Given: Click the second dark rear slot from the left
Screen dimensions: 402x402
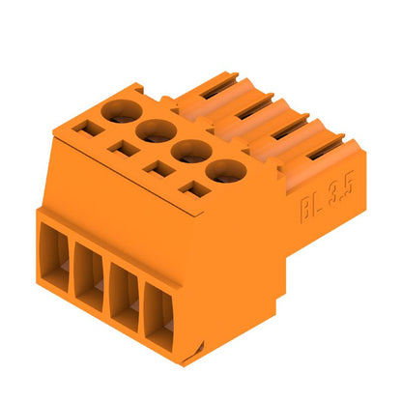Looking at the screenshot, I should coord(253,104).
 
